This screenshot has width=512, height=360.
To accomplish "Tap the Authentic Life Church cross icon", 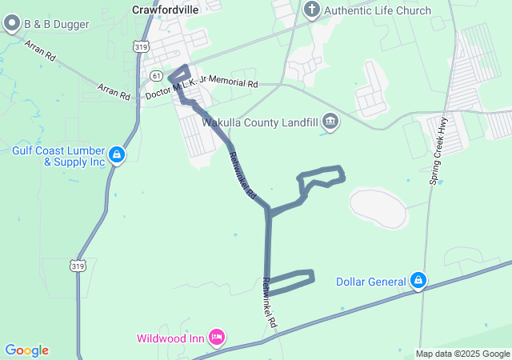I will coord(312,10).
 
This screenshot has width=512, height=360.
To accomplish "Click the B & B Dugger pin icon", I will coord(12,24).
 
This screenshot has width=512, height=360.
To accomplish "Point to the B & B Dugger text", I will coord(55,24).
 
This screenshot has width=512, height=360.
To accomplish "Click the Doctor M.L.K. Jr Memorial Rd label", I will coord(202,89).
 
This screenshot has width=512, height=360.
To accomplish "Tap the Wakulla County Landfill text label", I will coord(260,122).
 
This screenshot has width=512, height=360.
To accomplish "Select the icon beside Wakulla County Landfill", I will coord(330,122).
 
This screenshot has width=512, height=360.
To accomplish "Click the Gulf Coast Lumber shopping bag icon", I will coord(117,153).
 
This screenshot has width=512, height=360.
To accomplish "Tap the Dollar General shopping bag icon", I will coord(417,281).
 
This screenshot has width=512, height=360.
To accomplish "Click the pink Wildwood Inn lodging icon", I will coord(215,338).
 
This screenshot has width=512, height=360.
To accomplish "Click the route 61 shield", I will coord(156,75).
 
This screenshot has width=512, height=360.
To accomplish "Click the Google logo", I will coord(26,350).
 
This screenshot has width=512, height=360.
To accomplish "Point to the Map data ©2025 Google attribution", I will coord(462,354).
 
